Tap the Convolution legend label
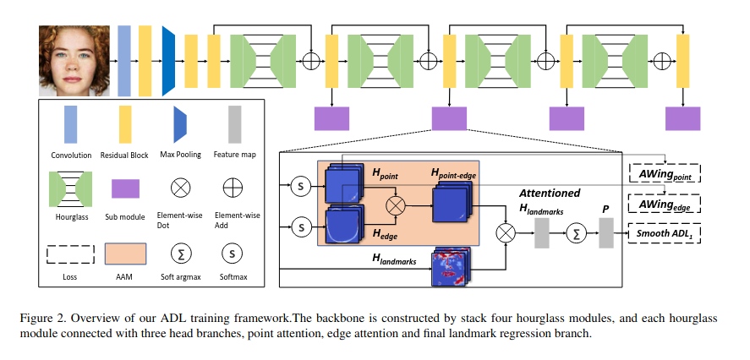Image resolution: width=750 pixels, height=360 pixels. coord(71,155)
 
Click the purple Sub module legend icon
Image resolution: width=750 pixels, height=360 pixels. coord(126,188)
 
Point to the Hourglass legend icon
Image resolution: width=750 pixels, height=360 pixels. coord(71,188)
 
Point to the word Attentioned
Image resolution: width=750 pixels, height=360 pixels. coord(549,193)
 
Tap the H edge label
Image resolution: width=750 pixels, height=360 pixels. coord(384,231)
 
